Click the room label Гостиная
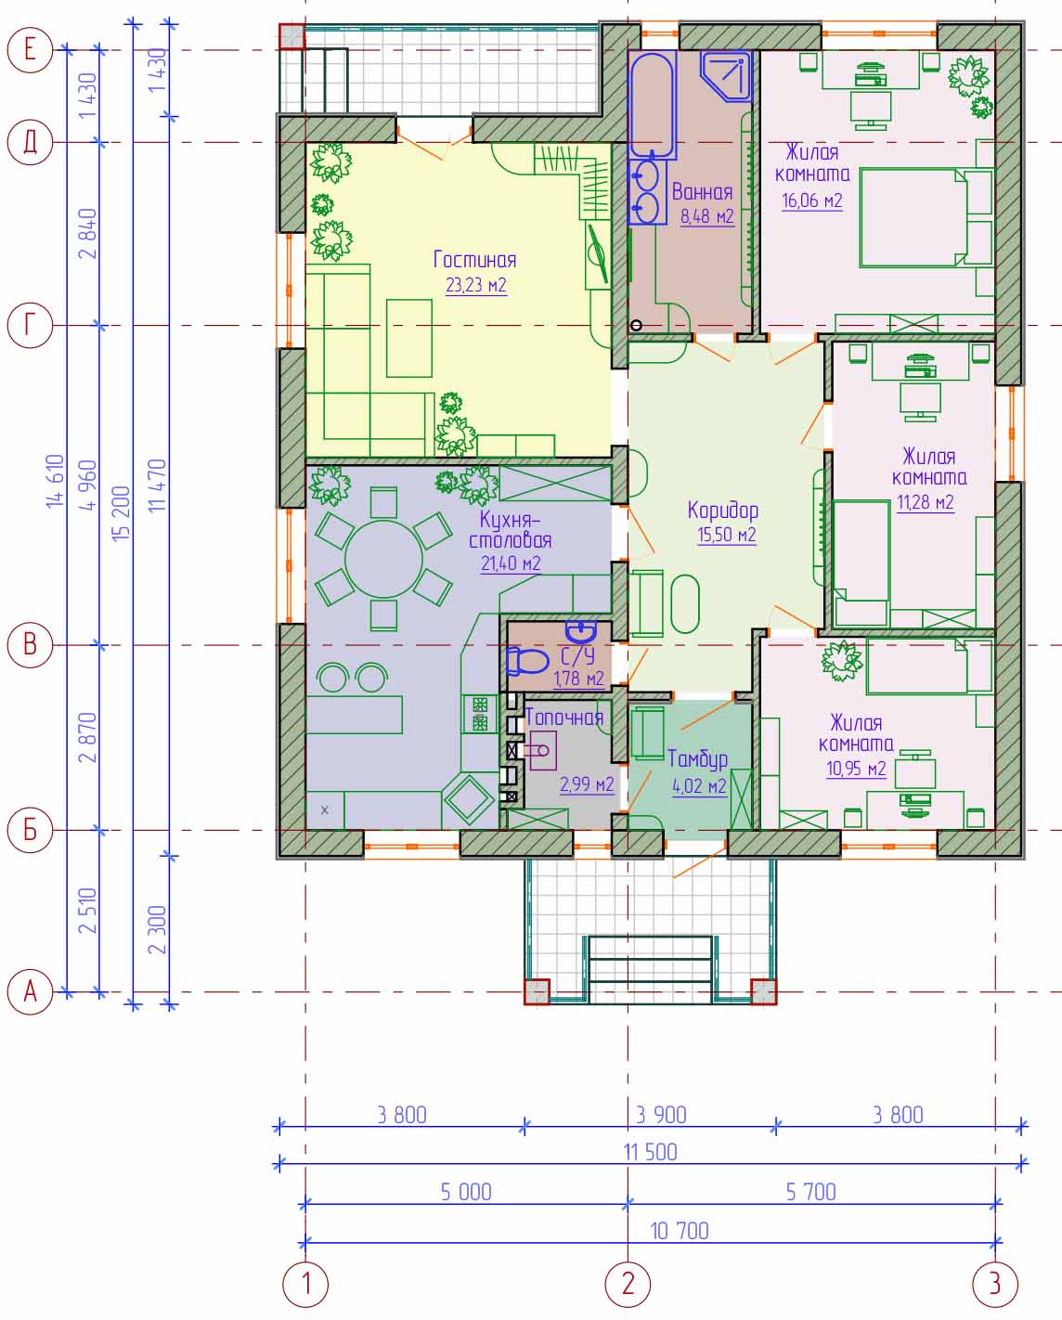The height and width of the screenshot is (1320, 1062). coord(474,260)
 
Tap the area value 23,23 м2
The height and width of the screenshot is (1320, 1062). coord(476,285)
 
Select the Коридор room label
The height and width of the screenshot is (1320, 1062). coord(723,511)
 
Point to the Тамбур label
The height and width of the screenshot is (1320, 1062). coord(697,759)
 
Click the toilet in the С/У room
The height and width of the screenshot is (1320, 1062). coord(526,661)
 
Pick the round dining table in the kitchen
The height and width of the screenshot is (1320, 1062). coord(383,559)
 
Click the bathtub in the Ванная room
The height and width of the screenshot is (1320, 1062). coord(652,105)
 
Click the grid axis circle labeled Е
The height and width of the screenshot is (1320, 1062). coord(30,50)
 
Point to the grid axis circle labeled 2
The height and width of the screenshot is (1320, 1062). coord(628,1283)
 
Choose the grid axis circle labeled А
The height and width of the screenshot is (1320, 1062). coord(30,991)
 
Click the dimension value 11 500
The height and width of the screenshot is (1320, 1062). coord(651,1152)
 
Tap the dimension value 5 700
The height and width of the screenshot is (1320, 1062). coord(811,1192)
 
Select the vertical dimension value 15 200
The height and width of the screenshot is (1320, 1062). coord(121,512)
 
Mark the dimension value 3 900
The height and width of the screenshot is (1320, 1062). coord(661,1115)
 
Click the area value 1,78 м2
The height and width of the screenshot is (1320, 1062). coord(578,679)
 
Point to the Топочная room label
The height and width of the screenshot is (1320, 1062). coord(564,718)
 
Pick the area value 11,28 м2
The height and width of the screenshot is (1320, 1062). coord(926,502)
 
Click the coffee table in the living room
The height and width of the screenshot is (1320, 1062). coord(409,338)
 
